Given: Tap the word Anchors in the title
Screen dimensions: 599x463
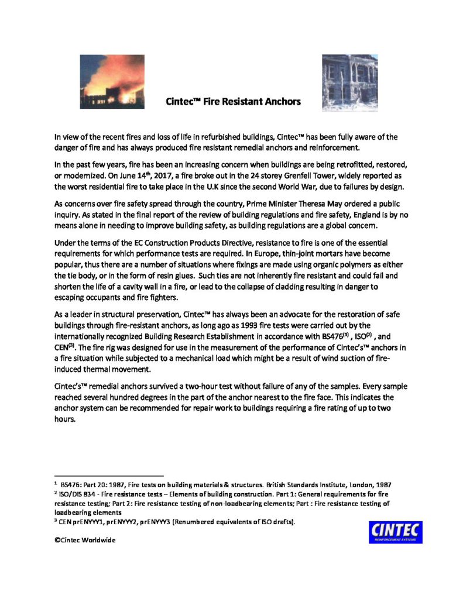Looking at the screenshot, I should pyautogui.click(x=283, y=101).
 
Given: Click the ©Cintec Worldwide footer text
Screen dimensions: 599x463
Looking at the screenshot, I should pyautogui.click(x=85, y=541).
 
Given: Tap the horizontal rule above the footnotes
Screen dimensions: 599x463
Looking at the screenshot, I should pyautogui.click(x=108, y=476).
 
